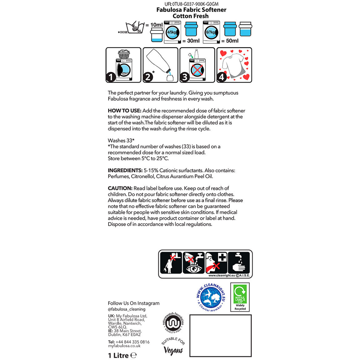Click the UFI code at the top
(191, 4)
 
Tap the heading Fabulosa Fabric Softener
(191, 10)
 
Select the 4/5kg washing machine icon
(172, 32)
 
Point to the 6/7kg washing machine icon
(211, 32)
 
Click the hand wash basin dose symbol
(135, 28)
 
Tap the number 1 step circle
(111, 77)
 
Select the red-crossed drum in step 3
(197, 70)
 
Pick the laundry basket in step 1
(124, 54)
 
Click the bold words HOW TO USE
(125, 111)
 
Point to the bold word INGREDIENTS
(125, 170)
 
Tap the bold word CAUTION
(120, 188)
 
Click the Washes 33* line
(121, 140)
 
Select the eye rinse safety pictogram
(194, 263)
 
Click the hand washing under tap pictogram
(239, 263)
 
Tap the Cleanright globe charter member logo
(211, 298)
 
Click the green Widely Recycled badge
(240, 297)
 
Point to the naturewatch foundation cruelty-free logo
(173, 323)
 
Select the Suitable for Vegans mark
(173, 346)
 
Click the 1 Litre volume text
(122, 355)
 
